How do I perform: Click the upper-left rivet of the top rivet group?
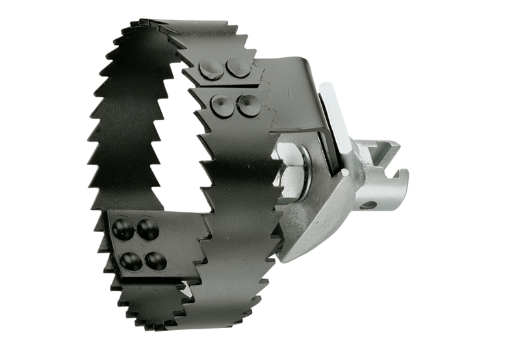coord(211,70)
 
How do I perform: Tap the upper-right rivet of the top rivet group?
coord(239,68)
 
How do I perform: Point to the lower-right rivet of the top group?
coord(248,105)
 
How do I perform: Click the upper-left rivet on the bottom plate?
coord(123,228)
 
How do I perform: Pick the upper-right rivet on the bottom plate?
coord(148,227)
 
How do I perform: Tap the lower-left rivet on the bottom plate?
coord(131,261)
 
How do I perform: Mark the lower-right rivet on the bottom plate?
coord(155,261)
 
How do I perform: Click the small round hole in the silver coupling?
coord(368,205)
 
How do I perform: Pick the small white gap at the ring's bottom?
coord(186,290)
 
